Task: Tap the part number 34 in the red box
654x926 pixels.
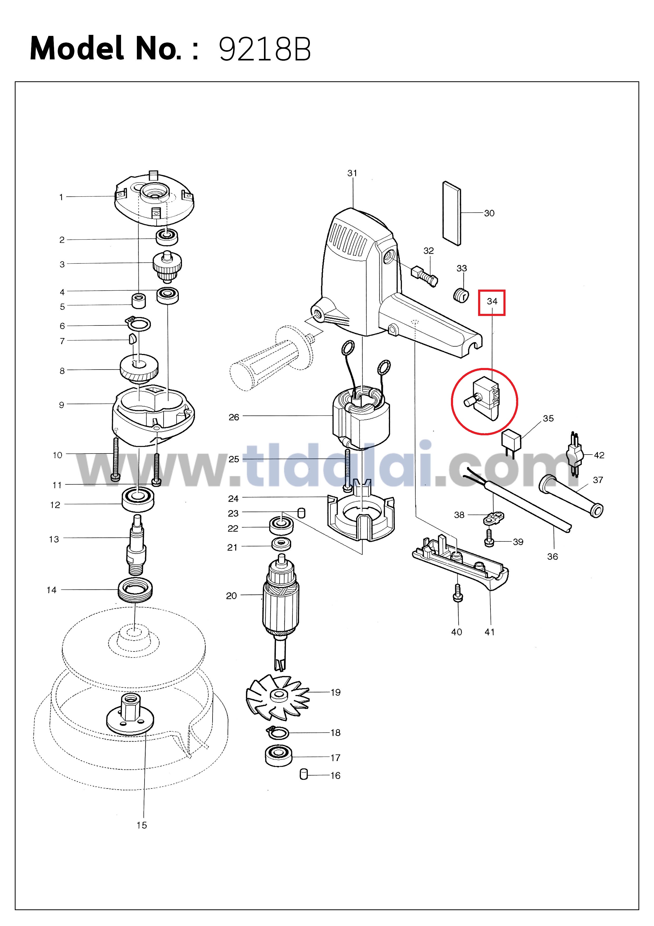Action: pos(492,301)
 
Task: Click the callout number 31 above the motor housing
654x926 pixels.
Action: pos(352,173)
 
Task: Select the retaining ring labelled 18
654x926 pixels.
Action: pos(278,733)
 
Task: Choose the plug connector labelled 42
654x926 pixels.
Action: pos(575,455)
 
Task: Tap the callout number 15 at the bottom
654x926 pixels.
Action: pos(141,825)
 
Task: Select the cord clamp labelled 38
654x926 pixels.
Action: pos(494,518)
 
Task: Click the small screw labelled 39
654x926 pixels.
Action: pos(489,538)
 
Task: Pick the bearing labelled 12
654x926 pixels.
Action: pos(138,499)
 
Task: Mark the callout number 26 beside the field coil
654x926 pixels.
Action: pos(234,417)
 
